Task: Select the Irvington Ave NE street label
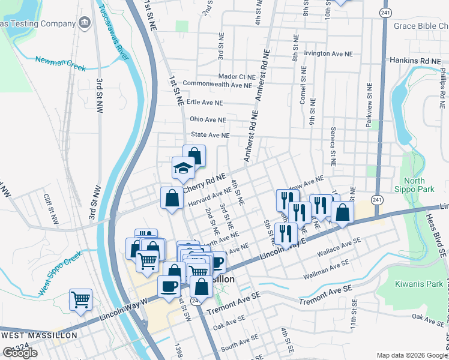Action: [x=328, y=53]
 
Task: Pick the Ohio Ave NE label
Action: [x=208, y=119]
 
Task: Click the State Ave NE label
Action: [x=209, y=136]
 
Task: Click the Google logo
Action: [x=20, y=353]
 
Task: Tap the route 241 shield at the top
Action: [x=385, y=12]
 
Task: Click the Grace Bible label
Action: [x=420, y=26]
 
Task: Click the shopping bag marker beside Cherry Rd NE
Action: [x=172, y=199]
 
